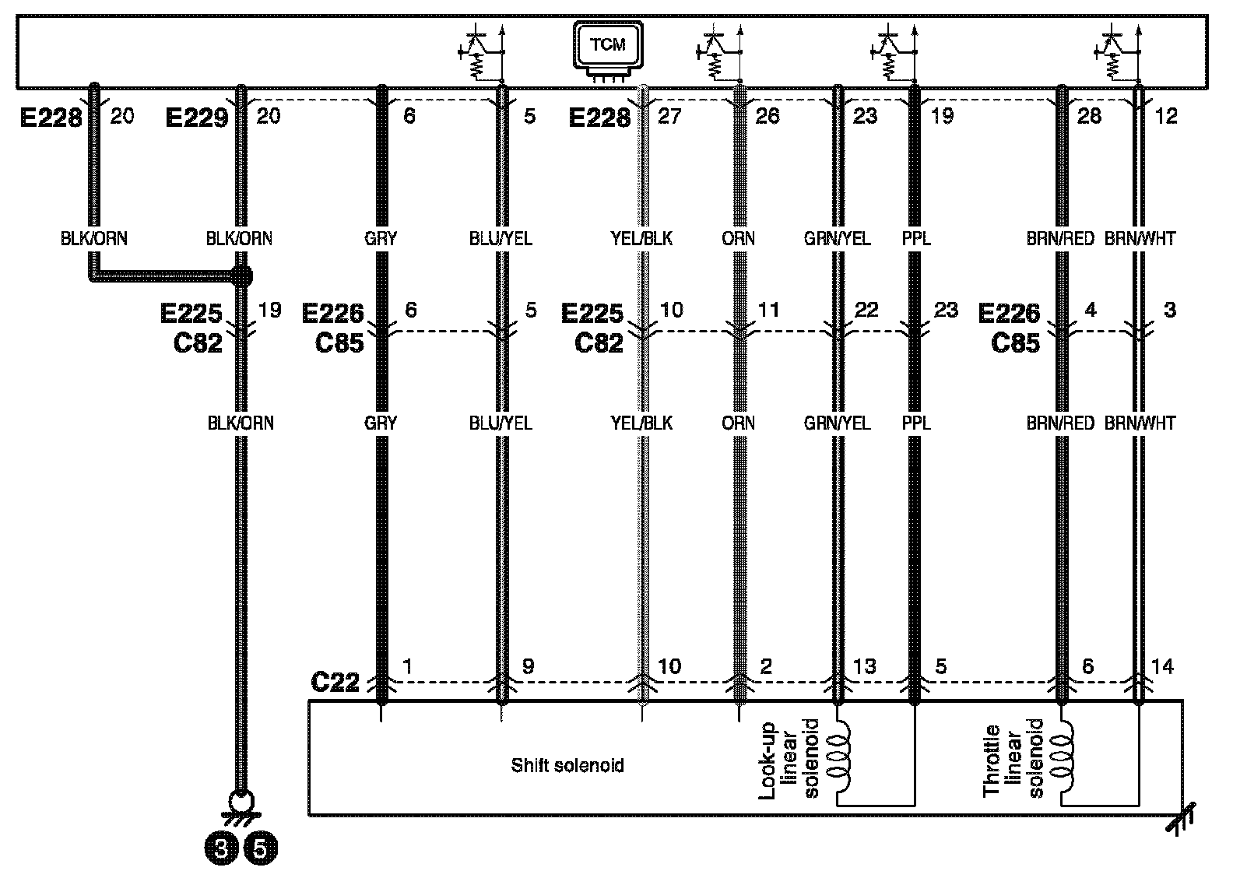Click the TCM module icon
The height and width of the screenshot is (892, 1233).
(x=608, y=47)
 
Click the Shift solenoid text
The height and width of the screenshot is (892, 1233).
(x=567, y=766)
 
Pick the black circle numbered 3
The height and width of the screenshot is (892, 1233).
(x=221, y=848)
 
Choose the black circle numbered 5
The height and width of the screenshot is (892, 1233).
(x=261, y=848)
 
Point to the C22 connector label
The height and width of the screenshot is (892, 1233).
(x=335, y=682)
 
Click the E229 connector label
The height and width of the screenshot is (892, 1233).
(x=196, y=118)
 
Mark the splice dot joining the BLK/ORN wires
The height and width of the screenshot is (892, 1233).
(x=241, y=276)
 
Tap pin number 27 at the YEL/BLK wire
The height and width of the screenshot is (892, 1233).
(x=669, y=116)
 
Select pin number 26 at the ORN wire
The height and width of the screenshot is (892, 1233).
(x=767, y=116)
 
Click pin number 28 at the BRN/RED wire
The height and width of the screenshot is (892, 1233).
(x=1089, y=116)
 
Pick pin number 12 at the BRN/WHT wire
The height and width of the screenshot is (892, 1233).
(x=1166, y=116)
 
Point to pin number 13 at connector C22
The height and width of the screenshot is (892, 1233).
(x=865, y=666)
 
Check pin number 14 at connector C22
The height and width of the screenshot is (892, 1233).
(x=1162, y=666)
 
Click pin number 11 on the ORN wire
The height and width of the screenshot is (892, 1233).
(x=768, y=310)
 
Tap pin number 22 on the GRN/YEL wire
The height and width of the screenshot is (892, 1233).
(x=866, y=310)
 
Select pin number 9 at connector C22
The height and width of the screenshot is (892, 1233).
(x=528, y=666)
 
